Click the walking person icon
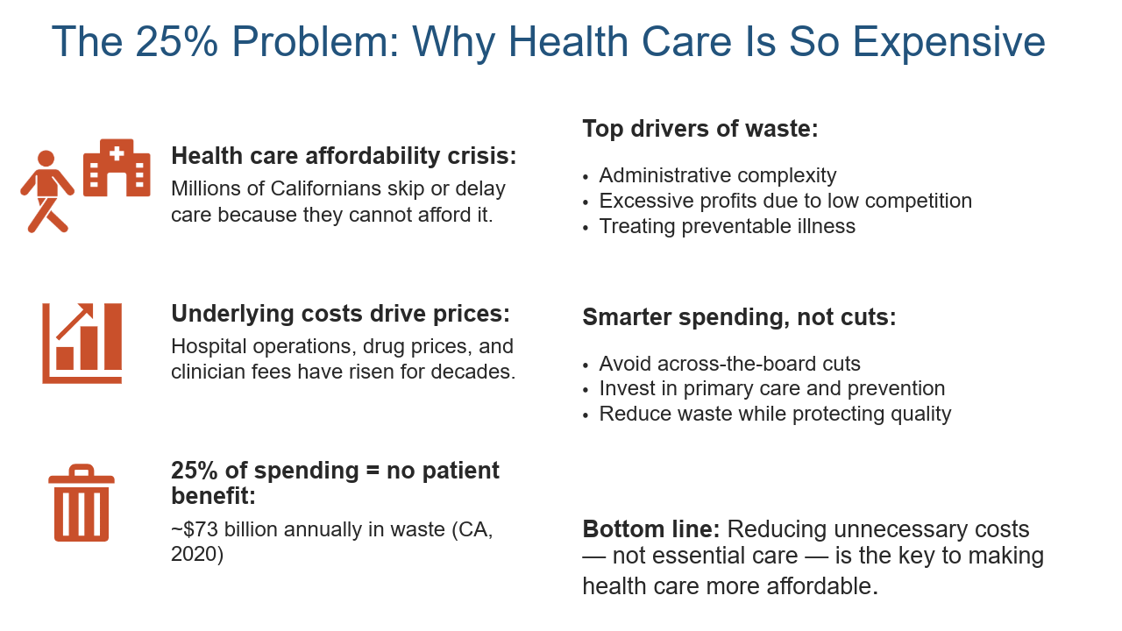(x=46, y=192)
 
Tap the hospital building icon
(x=117, y=167)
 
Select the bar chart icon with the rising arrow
(x=82, y=344)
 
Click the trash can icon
(x=82, y=503)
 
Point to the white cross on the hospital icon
(x=117, y=153)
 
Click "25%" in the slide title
(x=176, y=41)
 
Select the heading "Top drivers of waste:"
(x=700, y=129)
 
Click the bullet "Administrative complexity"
(x=718, y=176)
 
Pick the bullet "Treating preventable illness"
(x=728, y=226)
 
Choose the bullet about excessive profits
(x=785, y=202)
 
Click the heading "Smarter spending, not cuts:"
(x=739, y=317)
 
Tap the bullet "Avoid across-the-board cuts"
(x=730, y=364)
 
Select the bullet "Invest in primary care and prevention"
(x=772, y=389)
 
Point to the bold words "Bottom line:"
(x=651, y=529)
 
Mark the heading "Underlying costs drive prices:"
(x=341, y=314)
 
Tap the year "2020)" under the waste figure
(x=197, y=555)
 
